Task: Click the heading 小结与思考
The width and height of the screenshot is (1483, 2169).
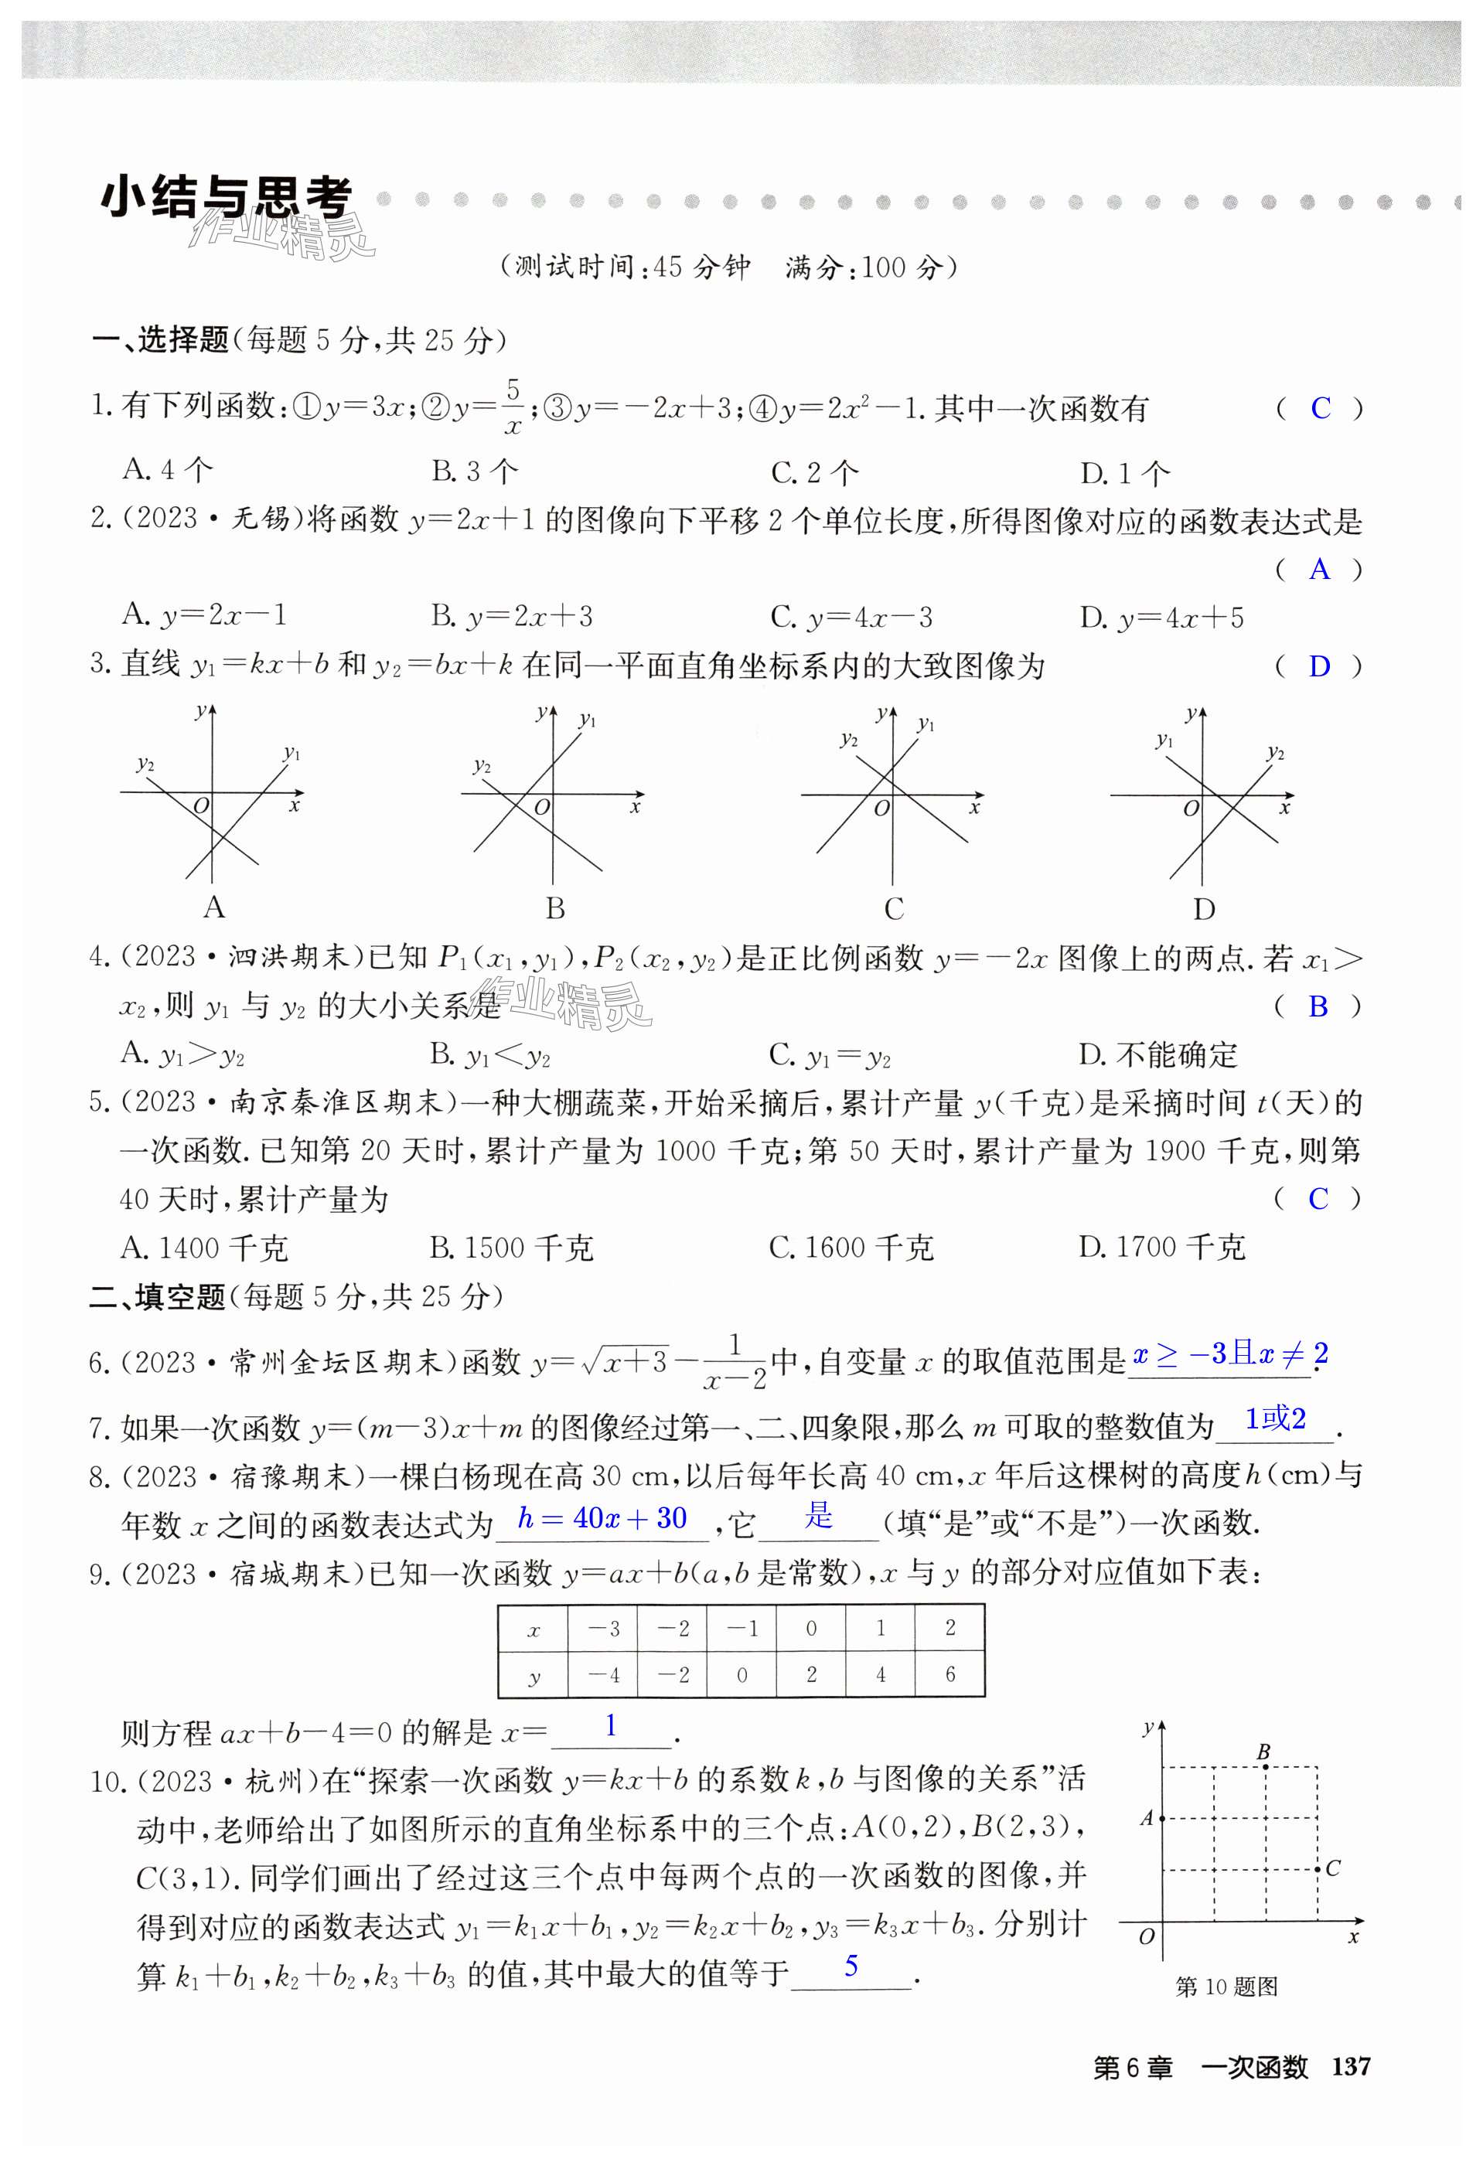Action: pos(226,198)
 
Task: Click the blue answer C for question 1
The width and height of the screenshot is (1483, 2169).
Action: pos(1320,408)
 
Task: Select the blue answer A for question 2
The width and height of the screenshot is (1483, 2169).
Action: pos(1319,570)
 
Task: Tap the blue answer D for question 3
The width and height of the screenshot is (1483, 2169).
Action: pos(1319,666)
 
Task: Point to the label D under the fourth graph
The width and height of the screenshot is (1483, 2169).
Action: pos(1204,909)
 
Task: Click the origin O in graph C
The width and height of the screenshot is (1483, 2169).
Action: pos(880,809)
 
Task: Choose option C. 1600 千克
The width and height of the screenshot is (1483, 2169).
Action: pos(851,1247)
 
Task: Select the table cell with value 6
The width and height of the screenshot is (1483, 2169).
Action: pos(949,1674)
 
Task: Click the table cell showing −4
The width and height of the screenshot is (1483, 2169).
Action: pos(603,1675)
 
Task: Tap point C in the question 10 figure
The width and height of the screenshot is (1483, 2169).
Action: pos(1317,1868)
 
